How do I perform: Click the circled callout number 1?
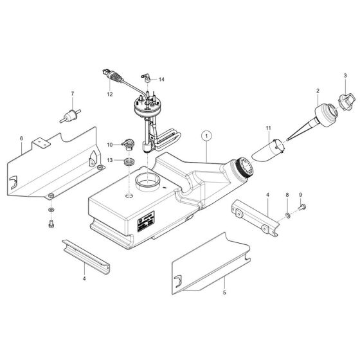[206, 136]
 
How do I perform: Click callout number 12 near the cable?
[110, 94]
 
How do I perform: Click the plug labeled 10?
[128, 145]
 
